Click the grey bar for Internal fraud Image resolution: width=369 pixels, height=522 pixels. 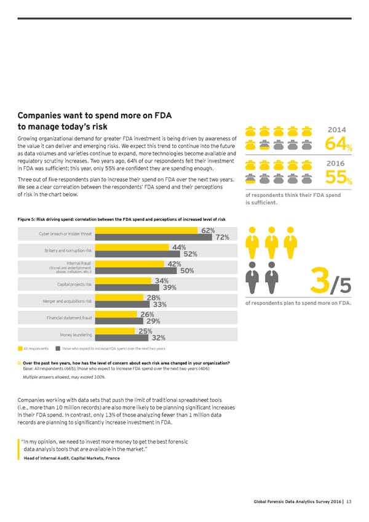pos(139,270)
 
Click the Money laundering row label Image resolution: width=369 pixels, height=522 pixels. pos(76,334)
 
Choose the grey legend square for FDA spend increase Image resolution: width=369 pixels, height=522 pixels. pos(49,348)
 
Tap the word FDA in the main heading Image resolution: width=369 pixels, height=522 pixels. pos(161,115)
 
